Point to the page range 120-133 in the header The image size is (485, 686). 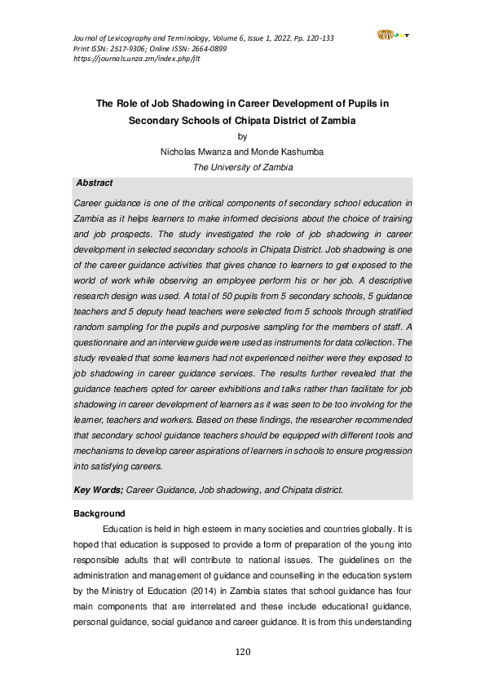pyautogui.click(x=313, y=39)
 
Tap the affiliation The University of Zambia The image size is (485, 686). pyautogui.click(x=242, y=167)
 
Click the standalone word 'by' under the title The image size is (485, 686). pyautogui.click(x=242, y=136)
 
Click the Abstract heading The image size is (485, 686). pyautogui.click(x=94, y=183)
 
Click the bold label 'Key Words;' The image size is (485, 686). pyautogui.click(x=98, y=490)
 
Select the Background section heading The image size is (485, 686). pyautogui.click(x=99, y=513)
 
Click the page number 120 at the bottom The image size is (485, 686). pyautogui.click(x=242, y=652)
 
